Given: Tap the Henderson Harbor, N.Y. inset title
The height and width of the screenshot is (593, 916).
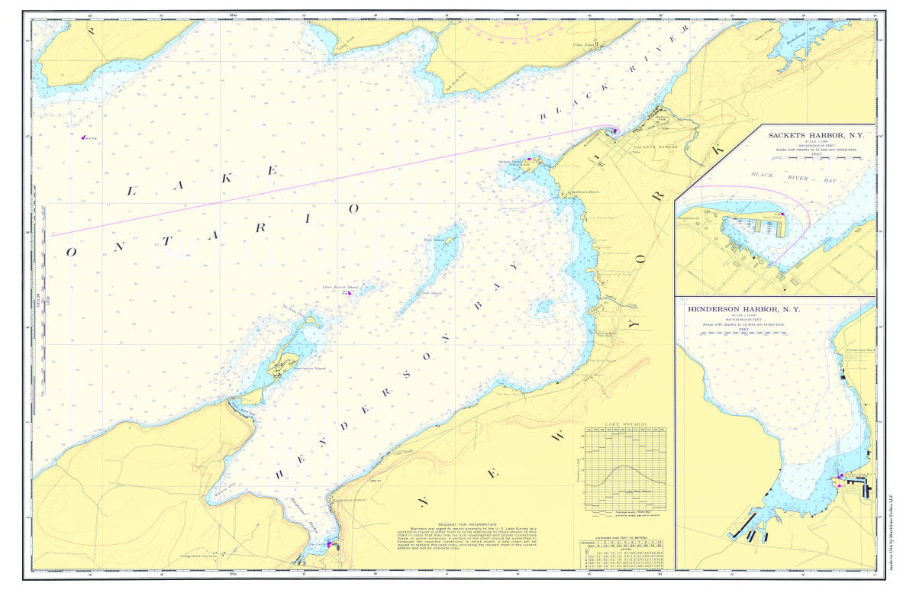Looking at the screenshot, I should point(743,310).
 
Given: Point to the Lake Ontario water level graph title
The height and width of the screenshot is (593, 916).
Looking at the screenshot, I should point(625,424).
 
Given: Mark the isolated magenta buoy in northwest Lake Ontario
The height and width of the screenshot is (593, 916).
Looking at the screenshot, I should point(83,137).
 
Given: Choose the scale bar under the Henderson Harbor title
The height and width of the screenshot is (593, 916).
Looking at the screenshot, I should point(743,334).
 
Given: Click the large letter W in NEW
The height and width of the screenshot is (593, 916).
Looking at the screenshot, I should point(559,437).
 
